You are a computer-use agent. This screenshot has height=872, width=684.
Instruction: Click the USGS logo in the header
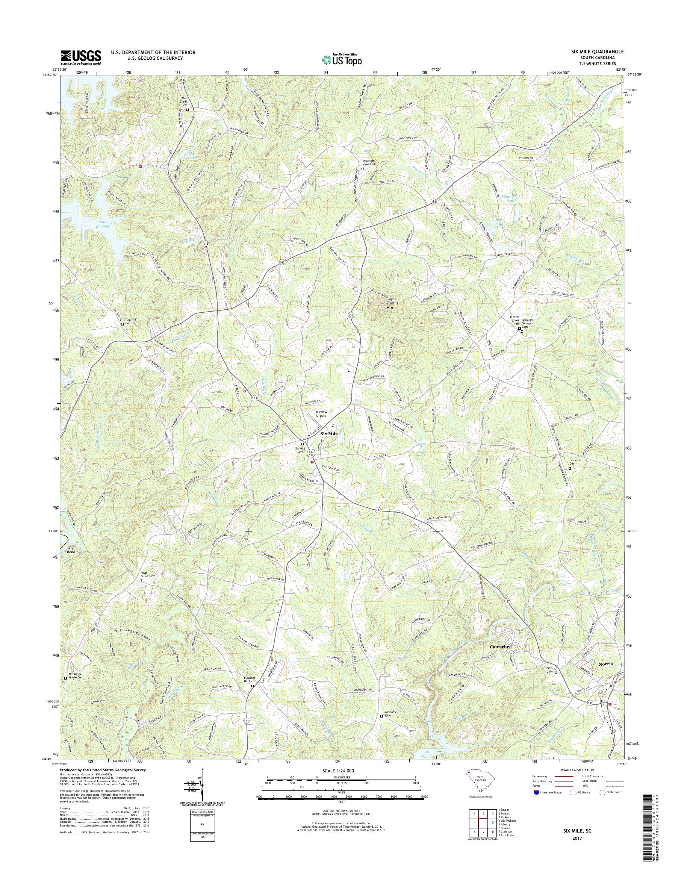80,57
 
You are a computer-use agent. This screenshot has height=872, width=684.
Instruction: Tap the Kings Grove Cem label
147,575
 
